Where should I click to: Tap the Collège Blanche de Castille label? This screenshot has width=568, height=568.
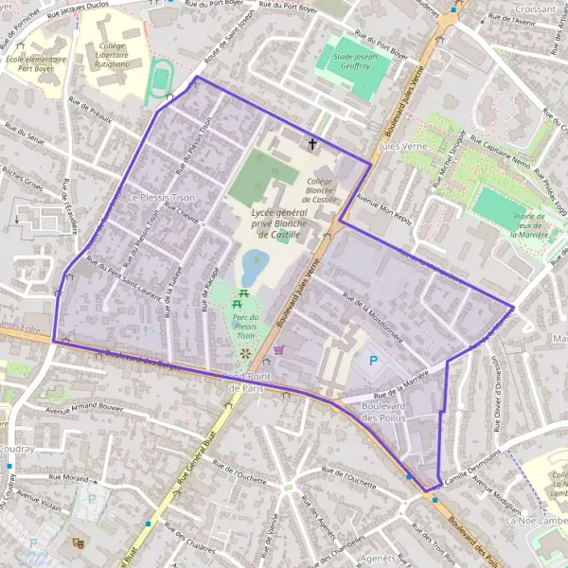(321, 190)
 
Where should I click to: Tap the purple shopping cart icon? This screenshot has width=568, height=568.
(278, 349)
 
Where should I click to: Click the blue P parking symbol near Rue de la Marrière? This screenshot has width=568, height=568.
(372, 360)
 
